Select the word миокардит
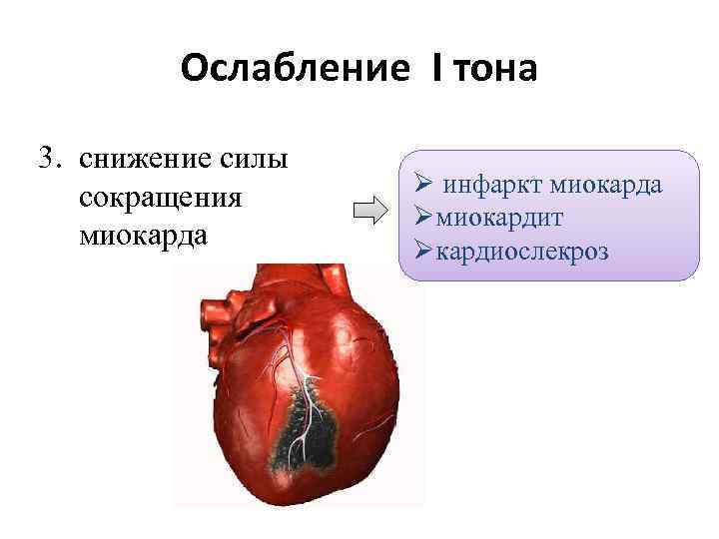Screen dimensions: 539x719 (x=482, y=217)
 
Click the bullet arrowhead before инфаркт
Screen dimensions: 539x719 (x=422, y=185)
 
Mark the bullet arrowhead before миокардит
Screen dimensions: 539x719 (x=414, y=217)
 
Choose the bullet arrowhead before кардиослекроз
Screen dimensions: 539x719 (x=414, y=250)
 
